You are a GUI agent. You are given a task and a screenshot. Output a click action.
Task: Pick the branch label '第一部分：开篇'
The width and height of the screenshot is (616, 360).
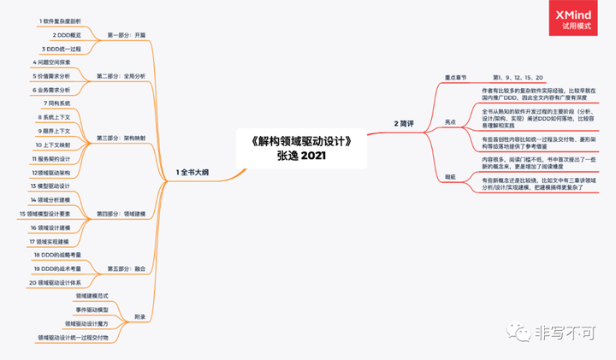point(126,35)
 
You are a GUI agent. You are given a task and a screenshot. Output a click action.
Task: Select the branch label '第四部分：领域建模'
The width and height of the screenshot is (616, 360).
point(121,213)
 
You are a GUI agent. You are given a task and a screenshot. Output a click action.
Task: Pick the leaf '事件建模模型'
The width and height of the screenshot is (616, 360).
point(92,309)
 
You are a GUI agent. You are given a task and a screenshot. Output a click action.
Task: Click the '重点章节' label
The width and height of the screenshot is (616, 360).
point(453,77)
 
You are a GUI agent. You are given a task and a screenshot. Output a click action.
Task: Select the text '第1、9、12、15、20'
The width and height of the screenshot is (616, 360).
point(517,77)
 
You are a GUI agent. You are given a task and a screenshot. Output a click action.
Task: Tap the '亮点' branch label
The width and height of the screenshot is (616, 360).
point(451,122)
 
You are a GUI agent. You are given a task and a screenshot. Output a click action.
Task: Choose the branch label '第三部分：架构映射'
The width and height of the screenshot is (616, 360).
point(121,137)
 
